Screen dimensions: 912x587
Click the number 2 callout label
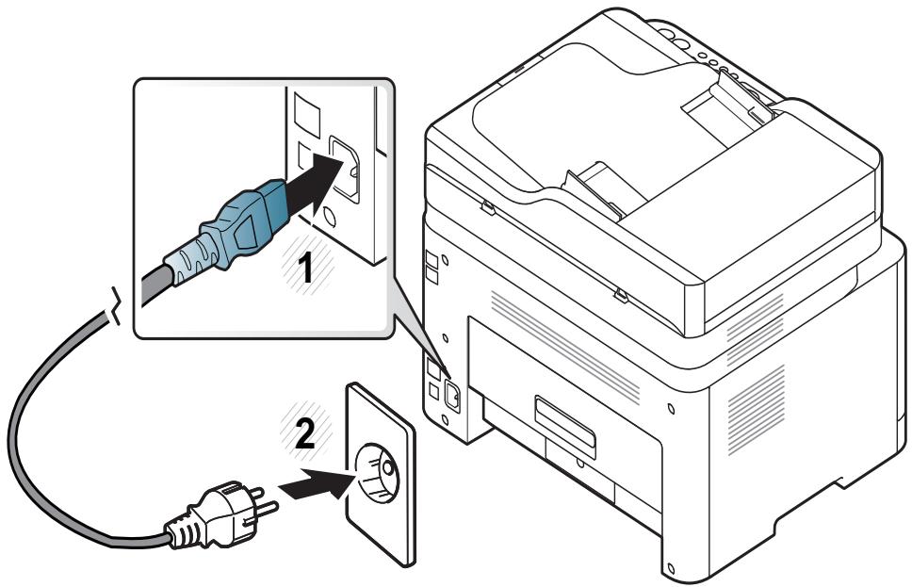tap(305, 434)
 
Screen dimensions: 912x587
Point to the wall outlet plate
tap(381, 474)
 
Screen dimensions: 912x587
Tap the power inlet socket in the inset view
tap(345, 168)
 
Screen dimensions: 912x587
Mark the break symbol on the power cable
tap(116, 305)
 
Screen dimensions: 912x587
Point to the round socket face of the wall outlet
tap(378, 472)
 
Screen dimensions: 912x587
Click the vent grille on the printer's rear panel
tap(564, 346)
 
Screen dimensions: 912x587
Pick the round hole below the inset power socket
tap(329, 217)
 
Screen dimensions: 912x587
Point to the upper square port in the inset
tap(306, 113)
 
